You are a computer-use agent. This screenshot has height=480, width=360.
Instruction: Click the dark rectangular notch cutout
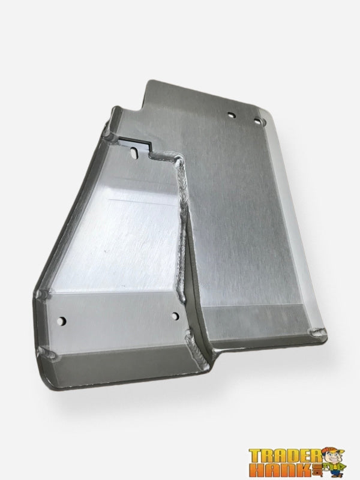133,142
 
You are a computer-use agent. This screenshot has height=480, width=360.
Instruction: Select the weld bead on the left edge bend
43,294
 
